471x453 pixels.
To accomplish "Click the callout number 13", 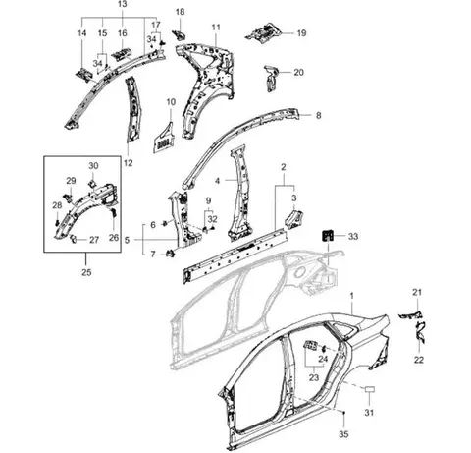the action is click(x=123, y=4).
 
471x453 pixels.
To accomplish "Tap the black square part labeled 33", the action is click(x=328, y=236).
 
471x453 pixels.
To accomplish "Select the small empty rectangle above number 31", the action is click(x=370, y=389).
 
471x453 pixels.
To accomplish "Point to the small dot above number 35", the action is click(x=343, y=413).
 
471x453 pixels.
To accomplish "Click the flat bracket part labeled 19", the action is click(x=264, y=32).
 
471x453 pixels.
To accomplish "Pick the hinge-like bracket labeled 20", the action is click(x=271, y=79).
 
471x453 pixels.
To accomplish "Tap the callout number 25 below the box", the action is click(x=86, y=272).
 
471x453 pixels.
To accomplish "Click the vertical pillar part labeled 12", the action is click(x=133, y=110).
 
